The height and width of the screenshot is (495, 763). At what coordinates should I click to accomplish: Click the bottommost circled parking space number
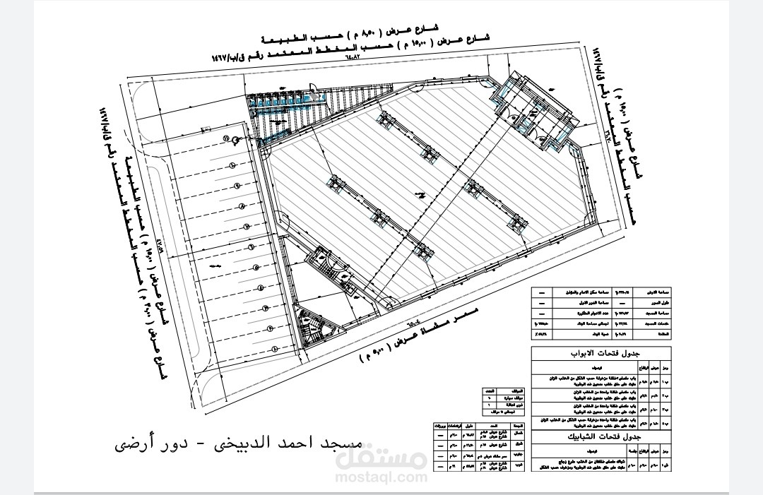[x=269, y=330]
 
